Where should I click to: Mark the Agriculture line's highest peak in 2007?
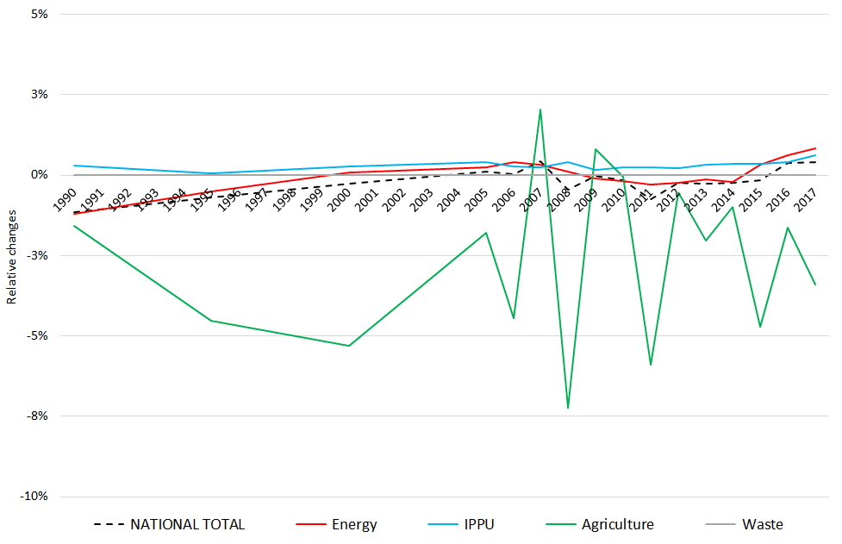pos(540,109)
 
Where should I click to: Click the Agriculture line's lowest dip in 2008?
pos(568,408)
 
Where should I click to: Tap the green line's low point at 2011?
pos(651,365)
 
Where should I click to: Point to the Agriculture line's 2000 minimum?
pos(349,346)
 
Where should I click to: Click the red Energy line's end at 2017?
pos(815,148)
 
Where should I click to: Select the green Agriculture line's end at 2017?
pos(815,285)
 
